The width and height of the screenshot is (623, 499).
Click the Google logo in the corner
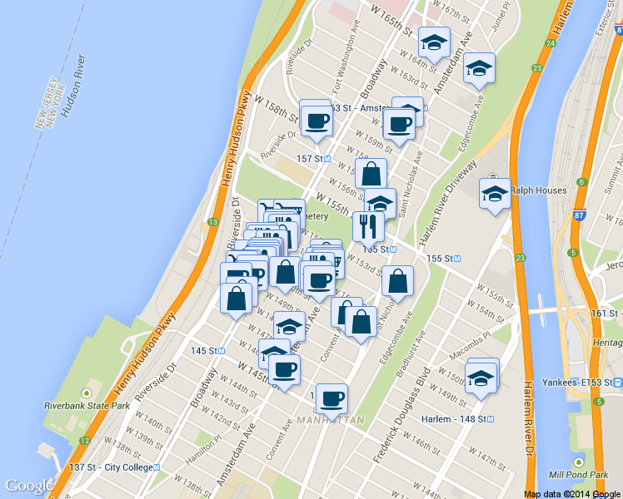30,486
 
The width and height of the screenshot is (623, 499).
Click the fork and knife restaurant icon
368,225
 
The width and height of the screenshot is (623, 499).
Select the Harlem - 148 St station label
458,418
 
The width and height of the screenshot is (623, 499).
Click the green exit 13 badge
213,221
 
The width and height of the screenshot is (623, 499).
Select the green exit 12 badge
84,440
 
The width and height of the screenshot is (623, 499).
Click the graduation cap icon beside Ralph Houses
496,195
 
